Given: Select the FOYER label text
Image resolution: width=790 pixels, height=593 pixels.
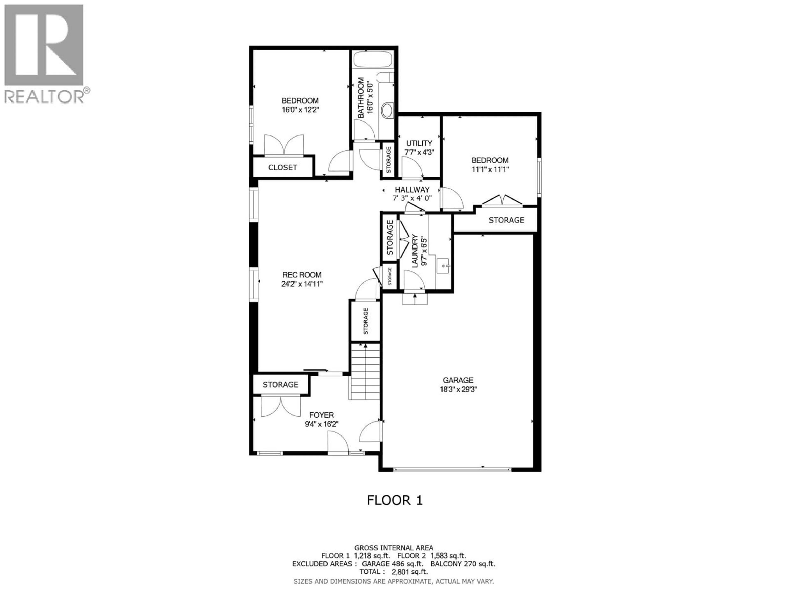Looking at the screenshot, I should pyautogui.click(x=321, y=415).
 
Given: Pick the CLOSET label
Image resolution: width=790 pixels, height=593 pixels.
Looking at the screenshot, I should pyautogui.click(x=282, y=167).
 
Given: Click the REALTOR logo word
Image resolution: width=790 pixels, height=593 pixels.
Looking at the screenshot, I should pyautogui.click(x=44, y=97).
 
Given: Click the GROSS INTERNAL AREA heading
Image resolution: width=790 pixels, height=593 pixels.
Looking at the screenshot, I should pyautogui.click(x=394, y=548).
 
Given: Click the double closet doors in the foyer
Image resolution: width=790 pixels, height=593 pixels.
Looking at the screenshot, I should pyautogui.click(x=281, y=406).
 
